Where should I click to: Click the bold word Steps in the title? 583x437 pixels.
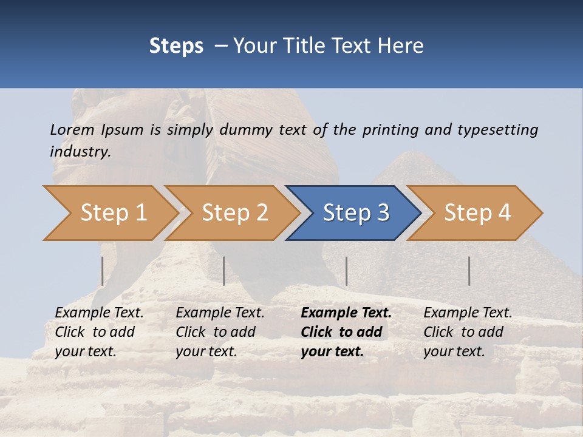pos(176,46)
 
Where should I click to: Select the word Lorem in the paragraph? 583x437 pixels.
pos(72,129)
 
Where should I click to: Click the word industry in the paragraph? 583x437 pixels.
pos(80,151)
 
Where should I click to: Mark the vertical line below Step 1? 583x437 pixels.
pos(103,271)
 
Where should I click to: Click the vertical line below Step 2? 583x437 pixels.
pos(224,271)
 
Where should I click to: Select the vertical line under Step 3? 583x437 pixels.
pos(346,271)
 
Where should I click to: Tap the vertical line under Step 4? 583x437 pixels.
pos(469,271)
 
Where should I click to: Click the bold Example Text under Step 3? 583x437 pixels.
pos(346,313)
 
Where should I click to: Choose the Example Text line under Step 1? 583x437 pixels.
pos(100,313)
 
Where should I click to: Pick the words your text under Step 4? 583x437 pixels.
pos(454,351)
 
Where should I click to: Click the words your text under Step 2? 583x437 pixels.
pos(206,351)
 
